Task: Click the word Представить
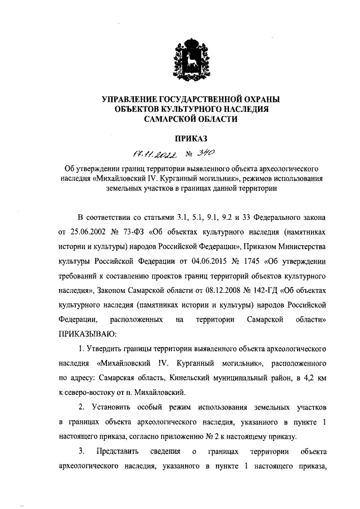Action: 115,451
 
